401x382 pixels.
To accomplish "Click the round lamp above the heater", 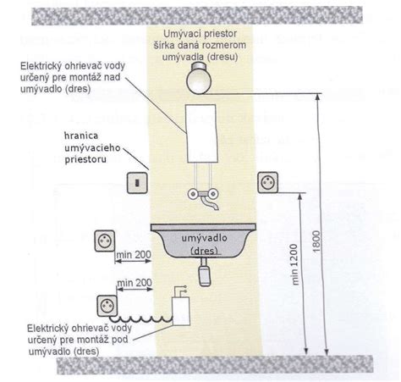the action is pyautogui.click(x=199, y=78).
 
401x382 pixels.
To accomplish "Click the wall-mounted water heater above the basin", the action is pyautogui.click(x=202, y=133).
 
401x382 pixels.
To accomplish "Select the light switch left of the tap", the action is pyautogui.click(x=137, y=183).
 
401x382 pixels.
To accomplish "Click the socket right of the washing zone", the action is pyautogui.click(x=268, y=182).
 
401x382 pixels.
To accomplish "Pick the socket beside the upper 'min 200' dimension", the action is pyautogui.click(x=105, y=241).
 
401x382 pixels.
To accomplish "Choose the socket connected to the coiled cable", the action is pyautogui.click(x=107, y=306).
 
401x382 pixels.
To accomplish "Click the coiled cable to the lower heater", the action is pyautogui.click(x=141, y=319).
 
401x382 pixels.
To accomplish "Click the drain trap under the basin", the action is pyautogui.click(x=205, y=273).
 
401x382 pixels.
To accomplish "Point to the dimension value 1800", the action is pyautogui.click(x=317, y=241).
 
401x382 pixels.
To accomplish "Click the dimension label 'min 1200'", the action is pyautogui.click(x=294, y=264).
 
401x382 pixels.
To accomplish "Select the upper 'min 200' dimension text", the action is pyautogui.click(x=134, y=255).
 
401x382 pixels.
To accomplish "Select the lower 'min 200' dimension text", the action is pyautogui.click(x=135, y=283).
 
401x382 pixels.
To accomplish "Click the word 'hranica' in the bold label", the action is pyautogui.click(x=81, y=136).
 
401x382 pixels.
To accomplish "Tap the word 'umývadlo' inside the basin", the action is pyautogui.click(x=204, y=238).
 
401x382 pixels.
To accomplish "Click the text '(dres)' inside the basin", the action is pyautogui.click(x=204, y=251).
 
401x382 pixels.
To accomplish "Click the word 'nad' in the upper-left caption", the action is pyautogui.click(x=113, y=77).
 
